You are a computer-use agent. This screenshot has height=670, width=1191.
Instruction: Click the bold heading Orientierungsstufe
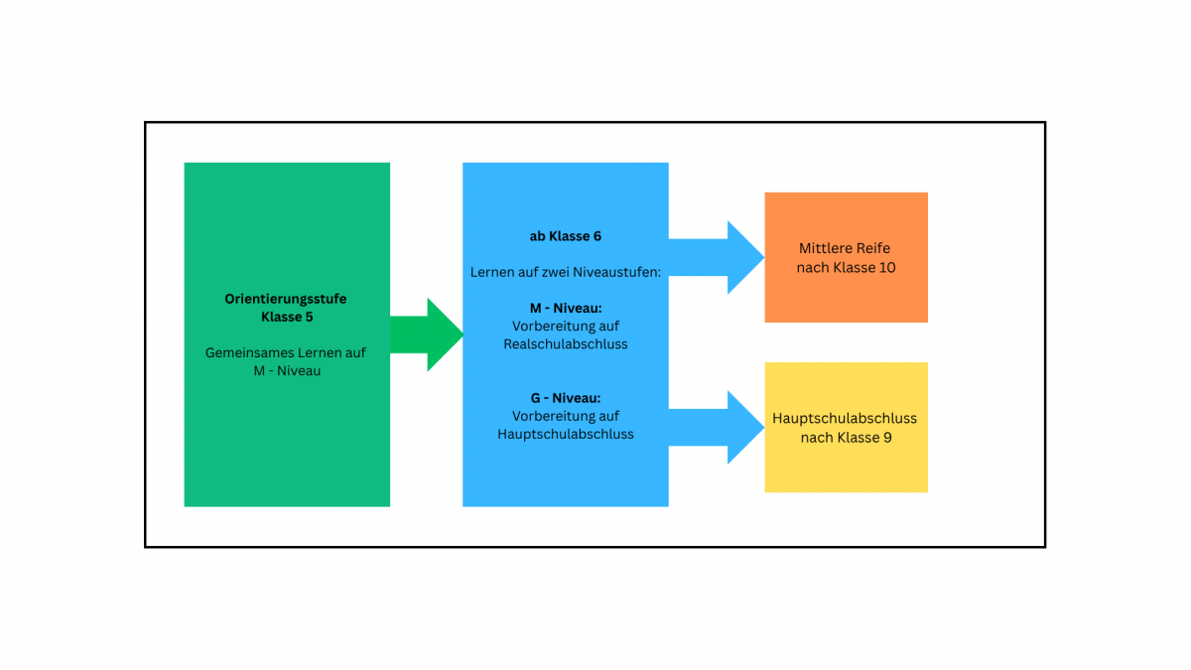pyautogui.click(x=286, y=299)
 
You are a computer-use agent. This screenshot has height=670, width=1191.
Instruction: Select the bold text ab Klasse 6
pyautogui.click(x=565, y=236)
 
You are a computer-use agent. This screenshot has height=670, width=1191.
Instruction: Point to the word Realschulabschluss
pyautogui.click(x=565, y=343)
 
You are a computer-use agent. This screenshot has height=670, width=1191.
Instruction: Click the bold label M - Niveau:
pyautogui.click(x=565, y=308)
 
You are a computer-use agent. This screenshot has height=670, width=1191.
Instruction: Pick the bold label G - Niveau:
pyautogui.click(x=565, y=397)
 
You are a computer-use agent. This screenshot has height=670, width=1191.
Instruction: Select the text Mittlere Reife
pyautogui.click(x=846, y=248)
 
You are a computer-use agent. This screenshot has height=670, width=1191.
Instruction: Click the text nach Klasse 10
pyautogui.click(x=846, y=267)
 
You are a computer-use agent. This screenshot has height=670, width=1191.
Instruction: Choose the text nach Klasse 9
pyautogui.click(x=846, y=437)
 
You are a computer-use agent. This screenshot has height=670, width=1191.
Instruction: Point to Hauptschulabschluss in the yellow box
pyautogui.click(x=846, y=418)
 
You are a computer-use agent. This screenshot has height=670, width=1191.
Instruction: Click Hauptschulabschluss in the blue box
pyautogui.click(x=565, y=434)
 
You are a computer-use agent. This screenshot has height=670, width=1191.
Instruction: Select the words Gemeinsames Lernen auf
pyautogui.click(x=286, y=352)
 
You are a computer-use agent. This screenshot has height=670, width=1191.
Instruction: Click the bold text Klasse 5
pyautogui.click(x=286, y=317)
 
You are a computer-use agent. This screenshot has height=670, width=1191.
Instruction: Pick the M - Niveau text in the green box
pyautogui.click(x=286, y=370)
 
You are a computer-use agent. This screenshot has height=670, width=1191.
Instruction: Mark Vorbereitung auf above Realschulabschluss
pyautogui.click(x=565, y=326)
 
